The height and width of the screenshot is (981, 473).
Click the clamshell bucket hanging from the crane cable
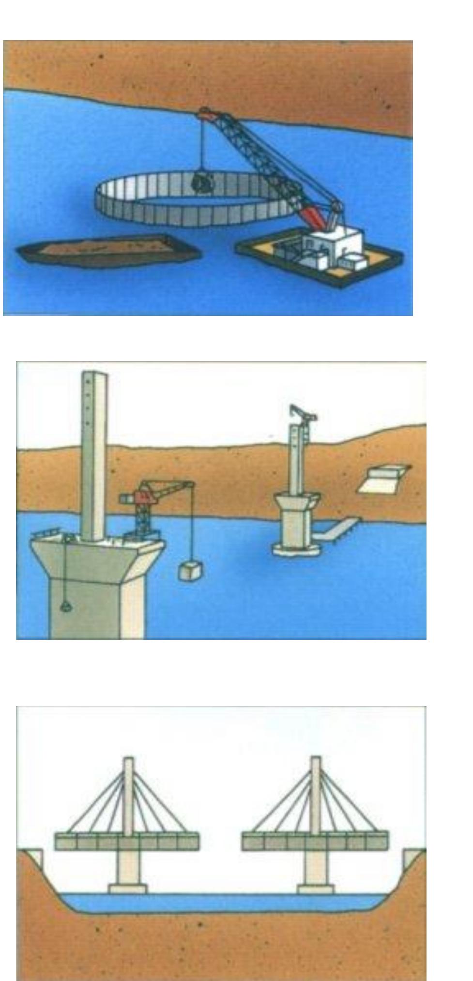click(201, 182)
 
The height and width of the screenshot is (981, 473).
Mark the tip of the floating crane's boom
click(205, 113)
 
